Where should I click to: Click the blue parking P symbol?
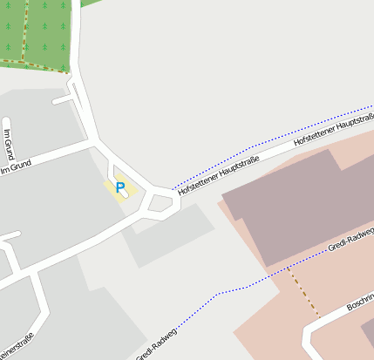tap(120, 187)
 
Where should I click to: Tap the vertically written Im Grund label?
tap(8, 144)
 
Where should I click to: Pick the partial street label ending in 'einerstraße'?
tap(17, 346)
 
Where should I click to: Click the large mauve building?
tap(296, 209)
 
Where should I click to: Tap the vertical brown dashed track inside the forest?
tap(24, 31)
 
